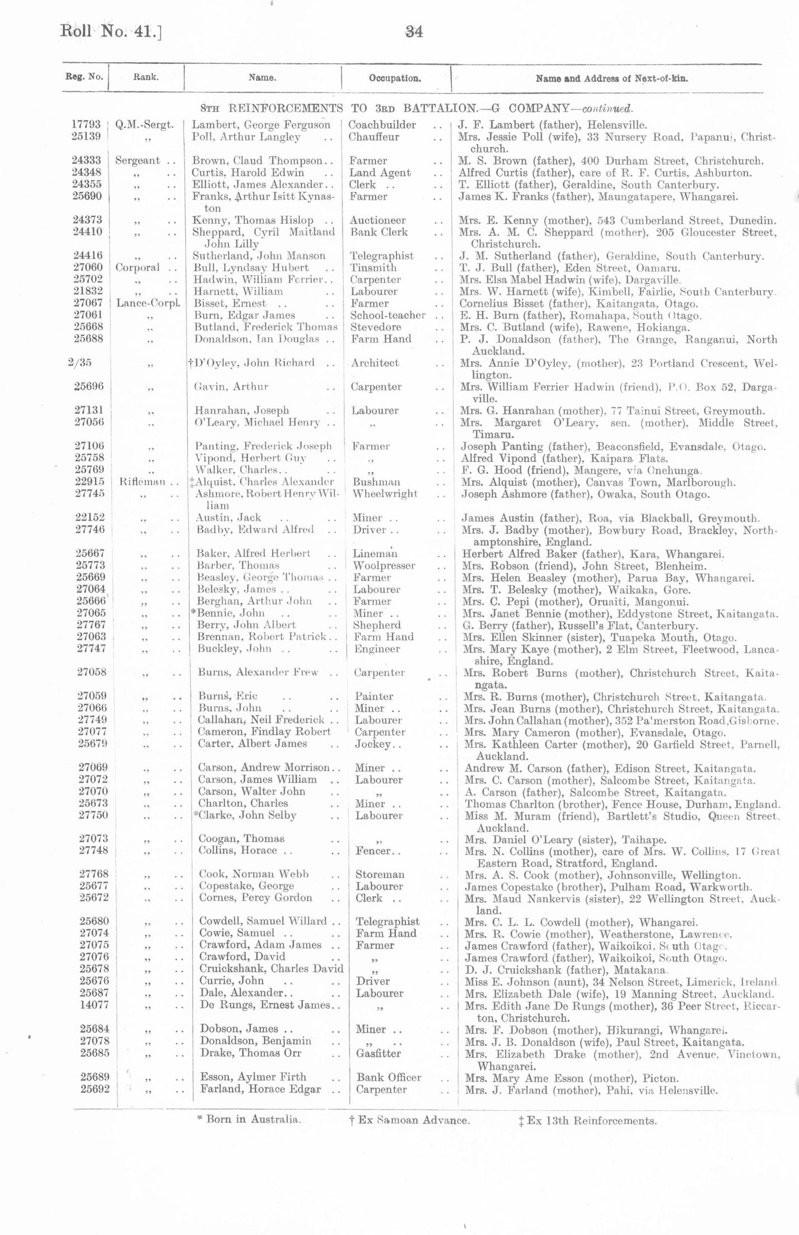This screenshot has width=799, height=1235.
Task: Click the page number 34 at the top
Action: pyautogui.click(x=414, y=32)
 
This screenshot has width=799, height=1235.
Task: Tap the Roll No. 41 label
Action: pyautogui.click(x=111, y=31)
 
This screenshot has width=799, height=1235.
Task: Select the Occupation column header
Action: pyautogui.click(x=395, y=78)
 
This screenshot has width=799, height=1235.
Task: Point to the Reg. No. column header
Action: pyautogui.click(x=85, y=77)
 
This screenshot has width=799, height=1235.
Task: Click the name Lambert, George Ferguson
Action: pyautogui.click(x=261, y=125)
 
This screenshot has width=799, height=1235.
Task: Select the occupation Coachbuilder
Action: pyautogui.click(x=382, y=125)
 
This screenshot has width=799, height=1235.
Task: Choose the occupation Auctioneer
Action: pyautogui.click(x=379, y=221)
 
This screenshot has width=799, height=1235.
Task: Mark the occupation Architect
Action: pyautogui.click(x=375, y=363)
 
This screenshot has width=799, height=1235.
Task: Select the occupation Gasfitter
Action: pyautogui.click(x=379, y=1053)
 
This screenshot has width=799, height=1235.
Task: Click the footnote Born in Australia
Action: pyautogui.click(x=249, y=1120)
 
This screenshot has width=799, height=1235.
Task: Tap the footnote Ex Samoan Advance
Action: pyautogui.click(x=409, y=1120)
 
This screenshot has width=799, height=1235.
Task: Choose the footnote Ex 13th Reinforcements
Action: pyautogui.click(x=587, y=1121)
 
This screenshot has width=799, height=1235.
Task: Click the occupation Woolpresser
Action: pyautogui.click(x=384, y=566)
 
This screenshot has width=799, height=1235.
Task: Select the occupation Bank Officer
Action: pyautogui.click(x=389, y=1077)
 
